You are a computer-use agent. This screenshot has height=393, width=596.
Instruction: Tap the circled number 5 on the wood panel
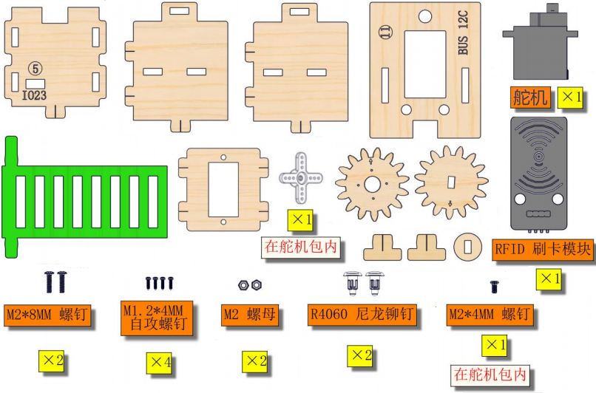[x=35, y=69]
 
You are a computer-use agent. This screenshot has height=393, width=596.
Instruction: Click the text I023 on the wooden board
[x=34, y=95]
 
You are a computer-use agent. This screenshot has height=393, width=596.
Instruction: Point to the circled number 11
[x=385, y=33]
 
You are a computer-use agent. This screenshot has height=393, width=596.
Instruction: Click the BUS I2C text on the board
[x=463, y=33]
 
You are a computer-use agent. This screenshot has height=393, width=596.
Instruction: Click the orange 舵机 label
[x=530, y=98]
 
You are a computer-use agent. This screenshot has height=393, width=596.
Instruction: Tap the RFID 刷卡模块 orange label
[x=543, y=250]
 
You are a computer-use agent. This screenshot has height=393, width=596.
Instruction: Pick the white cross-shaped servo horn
[x=301, y=177]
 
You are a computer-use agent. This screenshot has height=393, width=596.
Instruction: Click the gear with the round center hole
[x=372, y=185]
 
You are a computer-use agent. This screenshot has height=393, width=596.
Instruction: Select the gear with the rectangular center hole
[x=451, y=182]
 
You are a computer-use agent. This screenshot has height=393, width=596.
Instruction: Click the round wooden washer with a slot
[x=467, y=247]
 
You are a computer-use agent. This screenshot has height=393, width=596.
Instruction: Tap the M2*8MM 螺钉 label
[x=47, y=315]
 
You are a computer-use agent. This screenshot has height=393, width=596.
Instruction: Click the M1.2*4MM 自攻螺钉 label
[x=157, y=318]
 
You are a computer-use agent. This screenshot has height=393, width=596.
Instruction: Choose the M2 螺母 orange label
[x=250, y=315]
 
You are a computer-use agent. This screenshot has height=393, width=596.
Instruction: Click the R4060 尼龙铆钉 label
[x=362, y=315]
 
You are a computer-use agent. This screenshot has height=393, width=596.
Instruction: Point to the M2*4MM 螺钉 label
[x=490, y=315]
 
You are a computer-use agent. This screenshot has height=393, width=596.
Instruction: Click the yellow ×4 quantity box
[x=159, y=363]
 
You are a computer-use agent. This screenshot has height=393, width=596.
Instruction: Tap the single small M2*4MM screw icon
[x=494, y=287]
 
